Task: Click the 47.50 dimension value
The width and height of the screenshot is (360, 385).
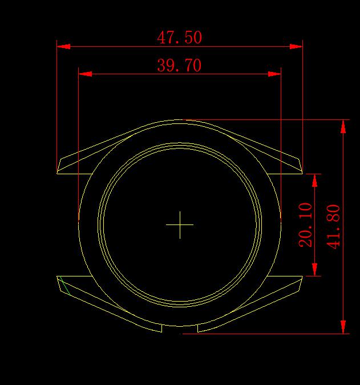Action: [x=180, y=37]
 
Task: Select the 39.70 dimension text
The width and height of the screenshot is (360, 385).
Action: [x=179, y=65]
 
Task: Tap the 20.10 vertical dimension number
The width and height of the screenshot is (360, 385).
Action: [x=306, y=225]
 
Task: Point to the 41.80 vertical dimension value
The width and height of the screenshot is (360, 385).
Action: [x=333, y=227]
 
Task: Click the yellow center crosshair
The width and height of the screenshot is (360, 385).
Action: [x=180, y=224]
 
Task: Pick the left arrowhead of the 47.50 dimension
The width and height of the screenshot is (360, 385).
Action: [x=63, y=46]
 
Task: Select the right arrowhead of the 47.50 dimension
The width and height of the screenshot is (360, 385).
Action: [x=296, y=46]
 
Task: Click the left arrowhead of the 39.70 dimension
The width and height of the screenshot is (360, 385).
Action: [x=85, y=74]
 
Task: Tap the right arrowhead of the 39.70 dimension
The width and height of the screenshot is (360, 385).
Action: [x=274, y=74]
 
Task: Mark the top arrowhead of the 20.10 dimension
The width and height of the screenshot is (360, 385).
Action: [x=314, y=181]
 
